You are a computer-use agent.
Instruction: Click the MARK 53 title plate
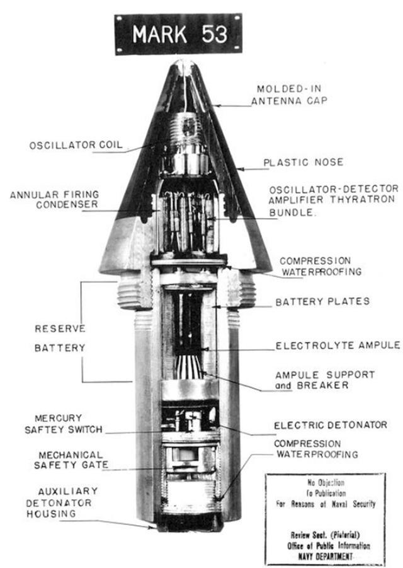coord(178,35)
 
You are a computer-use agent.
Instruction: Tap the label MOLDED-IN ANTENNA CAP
coord(289,95)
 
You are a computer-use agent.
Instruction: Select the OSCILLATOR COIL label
coord(76,145)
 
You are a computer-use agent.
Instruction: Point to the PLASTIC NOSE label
coord(303,162)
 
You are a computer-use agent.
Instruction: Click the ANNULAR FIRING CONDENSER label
coord(54,199)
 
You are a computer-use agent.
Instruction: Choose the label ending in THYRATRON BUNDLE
coord(334,200)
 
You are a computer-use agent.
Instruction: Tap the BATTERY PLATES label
coord(322,301)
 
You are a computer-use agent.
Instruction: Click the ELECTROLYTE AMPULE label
coord(338,345)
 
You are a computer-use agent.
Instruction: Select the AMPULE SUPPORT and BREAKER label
coord(325,380)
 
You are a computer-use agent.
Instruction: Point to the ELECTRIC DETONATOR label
coord(331,424)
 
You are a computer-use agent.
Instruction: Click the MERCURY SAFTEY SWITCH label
coord(64,424)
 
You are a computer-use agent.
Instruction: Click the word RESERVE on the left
coord(60,328)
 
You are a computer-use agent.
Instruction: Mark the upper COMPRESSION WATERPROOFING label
coord(321,266)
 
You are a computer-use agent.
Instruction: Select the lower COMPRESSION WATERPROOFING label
coord(316,449)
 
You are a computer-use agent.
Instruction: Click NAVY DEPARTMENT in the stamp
coord(325,557)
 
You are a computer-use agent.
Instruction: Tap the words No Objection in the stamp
coord(326,482)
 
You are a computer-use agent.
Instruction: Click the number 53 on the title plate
coord(215,35)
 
